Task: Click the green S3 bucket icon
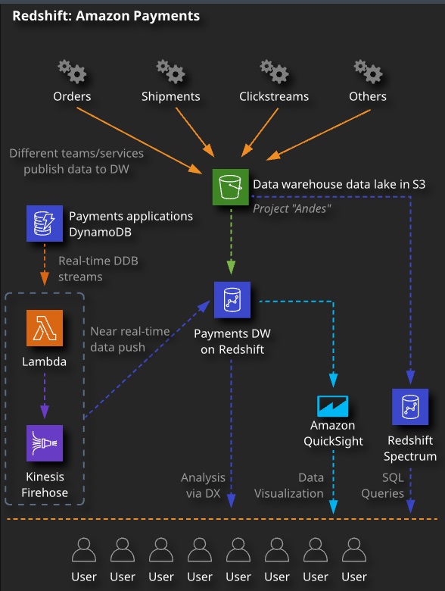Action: coord(230,187)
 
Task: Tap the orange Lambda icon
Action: coord(45,328)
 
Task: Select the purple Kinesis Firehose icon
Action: coord(45,443)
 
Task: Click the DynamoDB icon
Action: coord(45,224)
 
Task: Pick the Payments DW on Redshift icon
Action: coord(232,300)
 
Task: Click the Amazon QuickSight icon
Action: coord(333,406)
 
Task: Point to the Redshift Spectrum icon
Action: coord(410,407)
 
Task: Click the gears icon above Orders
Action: coord(72,71)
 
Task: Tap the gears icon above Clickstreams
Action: coord(274,71)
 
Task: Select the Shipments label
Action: coord(170,96)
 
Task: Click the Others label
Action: coord(368,96)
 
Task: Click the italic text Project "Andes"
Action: coord(292,208)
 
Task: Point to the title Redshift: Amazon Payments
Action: coord(106,16)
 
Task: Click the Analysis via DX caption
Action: coord(204,486)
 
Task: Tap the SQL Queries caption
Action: coord(382,486)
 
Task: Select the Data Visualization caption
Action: coord(289,486)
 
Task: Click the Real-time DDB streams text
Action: coord(98,269)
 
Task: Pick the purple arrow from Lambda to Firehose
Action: coord(45,396)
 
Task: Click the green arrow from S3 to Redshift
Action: coord(231,240)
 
